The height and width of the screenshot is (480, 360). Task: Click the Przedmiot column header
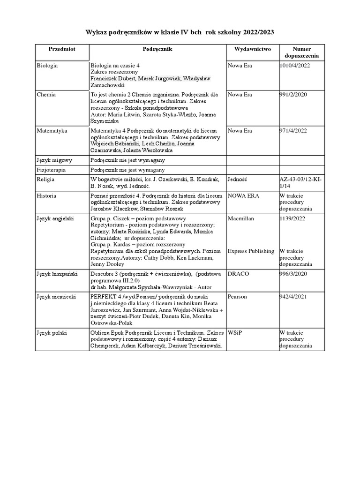[62, 49]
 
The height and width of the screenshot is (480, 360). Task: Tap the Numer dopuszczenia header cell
[301, 52]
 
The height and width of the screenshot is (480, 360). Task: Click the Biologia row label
[47, 66]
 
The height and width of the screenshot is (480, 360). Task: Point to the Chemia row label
[46, 94]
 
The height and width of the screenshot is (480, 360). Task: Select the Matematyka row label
[52, 131]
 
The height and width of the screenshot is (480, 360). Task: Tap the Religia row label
[46, 179]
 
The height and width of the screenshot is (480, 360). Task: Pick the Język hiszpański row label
[56, 273]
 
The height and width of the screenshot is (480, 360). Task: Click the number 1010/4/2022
[294, 66]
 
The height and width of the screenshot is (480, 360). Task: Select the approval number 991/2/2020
[293, 94]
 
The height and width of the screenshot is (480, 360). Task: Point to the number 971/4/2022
[293, 131]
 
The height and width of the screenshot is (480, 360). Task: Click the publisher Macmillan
[241, 218]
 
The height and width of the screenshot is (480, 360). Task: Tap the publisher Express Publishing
[251, 251]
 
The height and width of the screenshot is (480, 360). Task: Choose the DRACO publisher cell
[239, 273]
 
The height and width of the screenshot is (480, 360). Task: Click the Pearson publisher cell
[238, 297]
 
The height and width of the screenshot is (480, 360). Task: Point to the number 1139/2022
[292, 218]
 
